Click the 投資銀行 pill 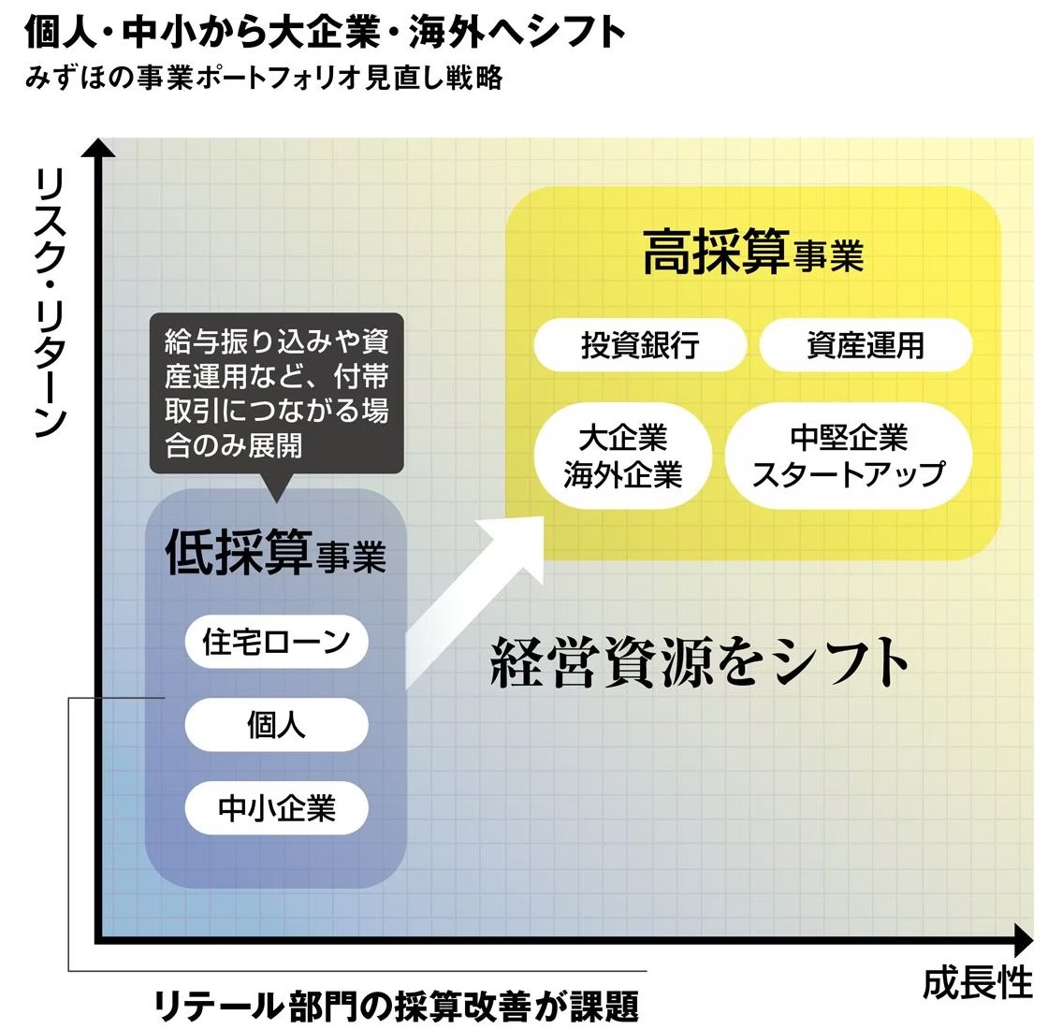[640, 345]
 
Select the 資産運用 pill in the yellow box [866, 345]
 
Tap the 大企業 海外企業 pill [623, 457]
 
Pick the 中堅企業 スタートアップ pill [849, 457]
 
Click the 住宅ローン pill [276, 642]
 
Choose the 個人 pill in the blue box [276, 725]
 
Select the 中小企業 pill [276, 808]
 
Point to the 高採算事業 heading [753, 253]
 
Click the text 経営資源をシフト [700, 662]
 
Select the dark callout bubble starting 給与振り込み [276, 393]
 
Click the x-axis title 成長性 [978, 983]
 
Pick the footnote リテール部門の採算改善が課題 [397, 1007]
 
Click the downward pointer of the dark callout [276, 488]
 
